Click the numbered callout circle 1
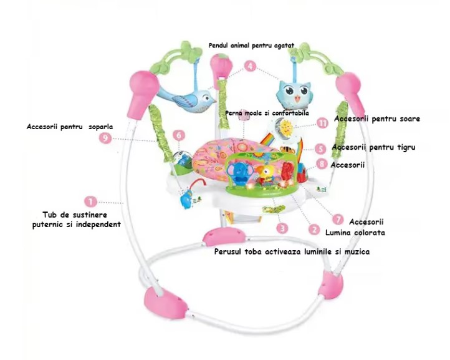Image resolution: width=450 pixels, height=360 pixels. [x=91, y=201]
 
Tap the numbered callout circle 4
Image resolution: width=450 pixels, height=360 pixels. [x=249, y=66]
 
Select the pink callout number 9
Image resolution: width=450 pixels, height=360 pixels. [x=105, y=138]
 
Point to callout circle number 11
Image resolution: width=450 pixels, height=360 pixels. [x=322, y=123]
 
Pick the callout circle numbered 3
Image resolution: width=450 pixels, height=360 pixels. [x=282, y=228]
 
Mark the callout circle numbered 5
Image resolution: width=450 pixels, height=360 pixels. [x=320, y=148]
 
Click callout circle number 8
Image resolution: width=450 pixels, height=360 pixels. [x=321, y=164]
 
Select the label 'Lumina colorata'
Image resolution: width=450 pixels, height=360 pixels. [x=355, y=232]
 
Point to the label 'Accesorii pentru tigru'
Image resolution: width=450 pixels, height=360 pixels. [x=373, y=147]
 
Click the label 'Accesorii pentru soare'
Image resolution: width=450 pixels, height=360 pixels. [x=377, y=118]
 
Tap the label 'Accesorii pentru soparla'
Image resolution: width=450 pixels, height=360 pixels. [x=69, y=126]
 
